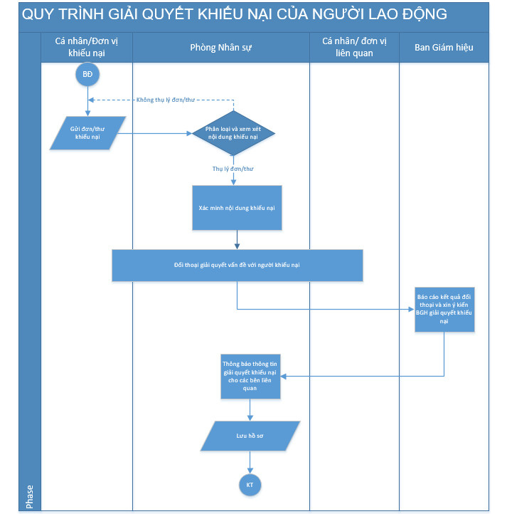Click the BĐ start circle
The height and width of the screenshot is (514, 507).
(87, 75)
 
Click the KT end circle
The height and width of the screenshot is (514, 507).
(250, 485)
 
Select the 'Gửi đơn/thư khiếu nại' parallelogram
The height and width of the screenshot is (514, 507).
(87, 133)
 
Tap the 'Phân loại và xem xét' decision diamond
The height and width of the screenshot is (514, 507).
(233, 133)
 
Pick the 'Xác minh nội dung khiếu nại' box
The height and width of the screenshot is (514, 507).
(237, 208)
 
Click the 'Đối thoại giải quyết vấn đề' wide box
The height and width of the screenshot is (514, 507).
(237, 266)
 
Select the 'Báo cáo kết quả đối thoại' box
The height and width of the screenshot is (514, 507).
(444, 310)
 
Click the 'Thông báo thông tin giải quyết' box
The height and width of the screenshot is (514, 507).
(250, 377)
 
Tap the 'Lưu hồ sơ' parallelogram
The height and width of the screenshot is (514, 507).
(250, 436)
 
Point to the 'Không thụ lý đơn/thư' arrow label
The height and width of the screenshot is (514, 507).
(166, 100)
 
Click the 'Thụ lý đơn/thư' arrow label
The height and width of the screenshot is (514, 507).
(233, 169)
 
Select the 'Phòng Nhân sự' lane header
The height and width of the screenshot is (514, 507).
(221, 48)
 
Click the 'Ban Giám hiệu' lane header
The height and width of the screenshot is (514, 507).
(444, 48)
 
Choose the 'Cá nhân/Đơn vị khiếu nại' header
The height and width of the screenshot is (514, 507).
(87, 47)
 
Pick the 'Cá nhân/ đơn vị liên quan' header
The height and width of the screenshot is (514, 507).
(354, 47)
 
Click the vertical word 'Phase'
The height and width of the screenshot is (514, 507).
(29, 497)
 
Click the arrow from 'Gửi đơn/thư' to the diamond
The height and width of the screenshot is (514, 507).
(154, 133)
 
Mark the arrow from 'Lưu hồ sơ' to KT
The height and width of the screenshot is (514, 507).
(250, 462)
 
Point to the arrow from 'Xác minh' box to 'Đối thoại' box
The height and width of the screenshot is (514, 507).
(237, 240)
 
